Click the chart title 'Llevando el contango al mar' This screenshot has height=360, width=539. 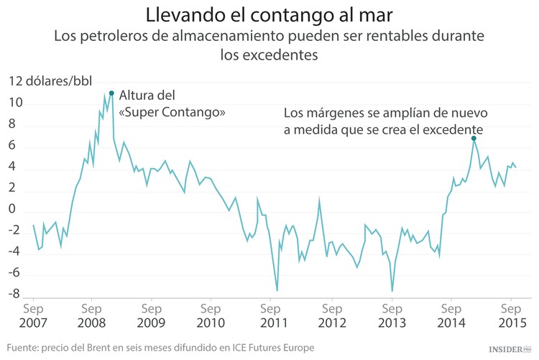tap(269, 14)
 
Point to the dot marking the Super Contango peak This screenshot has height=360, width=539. tap(111, 93)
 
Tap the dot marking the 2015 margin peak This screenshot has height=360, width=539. tap(474, 138)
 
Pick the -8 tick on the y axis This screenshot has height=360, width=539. tap(16, 294)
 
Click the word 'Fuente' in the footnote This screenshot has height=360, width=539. tap(23, 348)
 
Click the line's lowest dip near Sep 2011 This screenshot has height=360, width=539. tap(277, 290)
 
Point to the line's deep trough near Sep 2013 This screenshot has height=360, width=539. tap(392, 291)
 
